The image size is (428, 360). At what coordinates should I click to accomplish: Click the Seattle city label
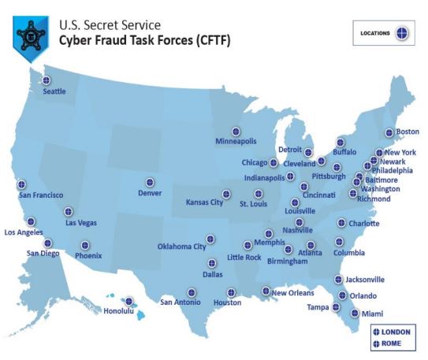click(54, 91)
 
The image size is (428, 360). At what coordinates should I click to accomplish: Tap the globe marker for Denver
click(150, 182)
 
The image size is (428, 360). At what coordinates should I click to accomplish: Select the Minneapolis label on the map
click(236, 141)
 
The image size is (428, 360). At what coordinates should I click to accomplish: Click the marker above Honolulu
click(128, 301)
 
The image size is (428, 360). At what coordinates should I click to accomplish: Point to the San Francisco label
click(41, 195)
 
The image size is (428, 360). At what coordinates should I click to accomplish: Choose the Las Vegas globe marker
click(69, 211)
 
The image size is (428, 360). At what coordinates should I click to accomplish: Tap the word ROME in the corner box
click(391, 343)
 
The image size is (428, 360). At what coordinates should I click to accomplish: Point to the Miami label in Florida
click(373, 314)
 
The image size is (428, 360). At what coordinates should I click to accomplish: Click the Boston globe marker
click(389, 132)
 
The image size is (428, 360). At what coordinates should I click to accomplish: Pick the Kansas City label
click(203, 202)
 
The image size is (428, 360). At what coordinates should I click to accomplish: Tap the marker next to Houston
click(231, 292)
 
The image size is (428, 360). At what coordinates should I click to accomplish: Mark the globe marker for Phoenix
click(85, 245)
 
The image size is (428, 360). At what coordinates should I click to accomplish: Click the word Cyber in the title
click(77, 39)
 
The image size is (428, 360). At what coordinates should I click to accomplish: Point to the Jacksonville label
click(365, 279)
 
